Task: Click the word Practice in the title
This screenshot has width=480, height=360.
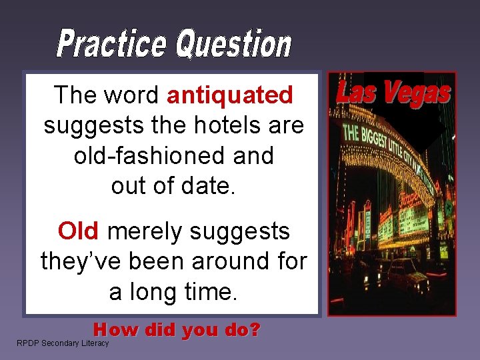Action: [112, 44]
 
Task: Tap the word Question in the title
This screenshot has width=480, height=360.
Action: [233, 44]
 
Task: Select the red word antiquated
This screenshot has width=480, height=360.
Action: [230, 95]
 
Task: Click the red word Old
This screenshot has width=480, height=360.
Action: [79, 231]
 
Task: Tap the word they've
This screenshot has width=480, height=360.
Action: [79, 261]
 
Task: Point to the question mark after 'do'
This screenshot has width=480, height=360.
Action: [253, 329]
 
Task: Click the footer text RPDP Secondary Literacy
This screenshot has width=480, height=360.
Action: [63, 343]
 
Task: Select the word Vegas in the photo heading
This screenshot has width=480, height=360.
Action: [419, 93]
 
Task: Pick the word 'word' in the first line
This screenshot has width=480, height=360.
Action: [131, 95]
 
